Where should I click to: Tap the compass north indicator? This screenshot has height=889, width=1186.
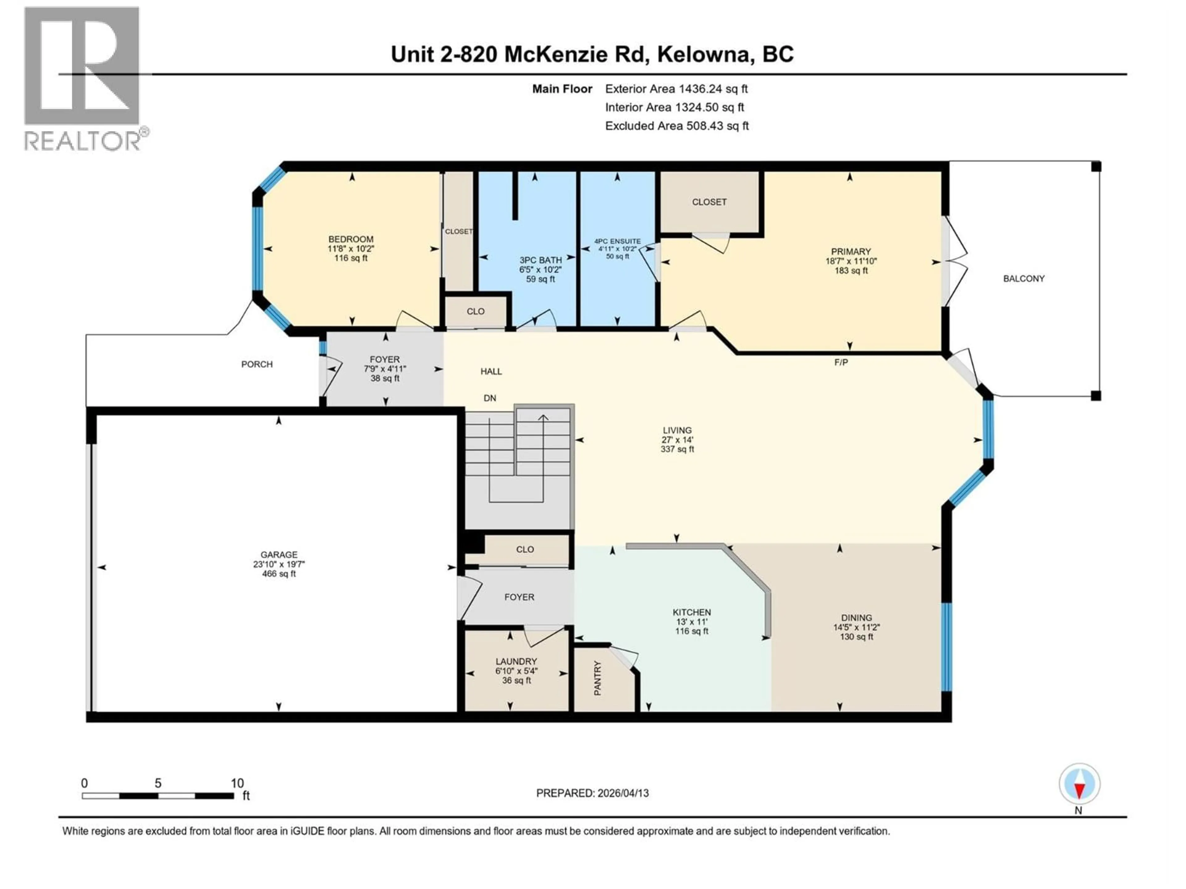1079,784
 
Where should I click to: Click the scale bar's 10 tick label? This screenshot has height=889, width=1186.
237,783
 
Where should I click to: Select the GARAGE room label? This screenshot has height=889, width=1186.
279,555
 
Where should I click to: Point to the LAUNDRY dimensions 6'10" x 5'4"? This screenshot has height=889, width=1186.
516,671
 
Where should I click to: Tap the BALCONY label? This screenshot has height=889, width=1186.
1024,279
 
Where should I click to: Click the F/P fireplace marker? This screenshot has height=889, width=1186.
841,363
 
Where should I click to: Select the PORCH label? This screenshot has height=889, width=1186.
257,364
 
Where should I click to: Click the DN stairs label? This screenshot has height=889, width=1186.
490,398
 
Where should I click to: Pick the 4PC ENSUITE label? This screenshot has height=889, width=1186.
617,242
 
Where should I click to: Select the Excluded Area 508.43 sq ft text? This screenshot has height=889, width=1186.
677,126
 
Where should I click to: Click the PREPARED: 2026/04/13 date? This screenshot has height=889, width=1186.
592,793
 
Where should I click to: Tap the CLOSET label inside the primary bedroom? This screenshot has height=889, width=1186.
709,202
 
